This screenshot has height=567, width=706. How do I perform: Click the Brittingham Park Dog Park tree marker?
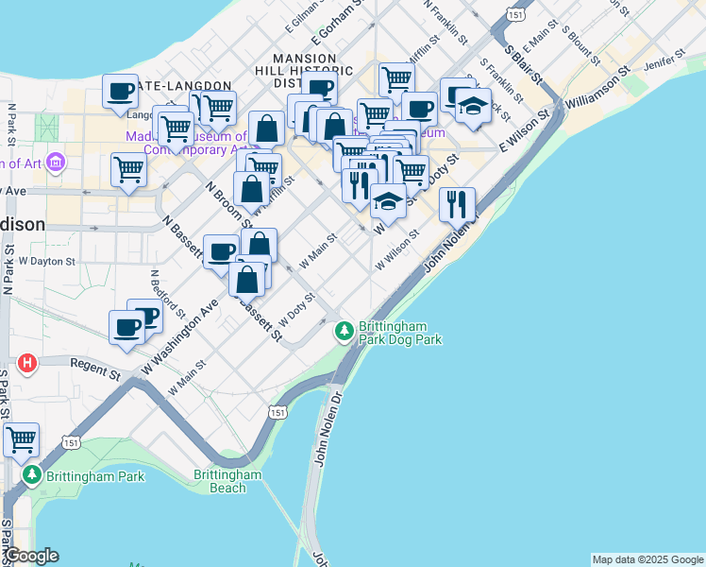click(344, 330)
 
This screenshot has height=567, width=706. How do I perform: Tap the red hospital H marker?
click(27, 363)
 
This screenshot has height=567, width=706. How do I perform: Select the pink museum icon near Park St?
click(56, 163)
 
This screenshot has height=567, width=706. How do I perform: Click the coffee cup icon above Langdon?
click(120, 92)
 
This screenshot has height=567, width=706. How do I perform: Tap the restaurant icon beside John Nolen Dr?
click(457, 204)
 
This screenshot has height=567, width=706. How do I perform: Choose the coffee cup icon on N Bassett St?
click(221, 251)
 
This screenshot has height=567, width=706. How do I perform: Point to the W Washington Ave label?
click(179, 335)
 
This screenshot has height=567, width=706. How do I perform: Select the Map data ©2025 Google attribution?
click(647, 559)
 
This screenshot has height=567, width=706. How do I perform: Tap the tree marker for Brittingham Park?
click(33, 474)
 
